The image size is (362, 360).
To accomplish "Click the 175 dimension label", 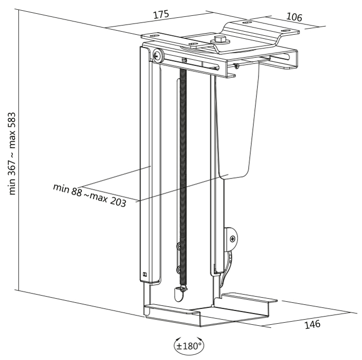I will pos(161,15).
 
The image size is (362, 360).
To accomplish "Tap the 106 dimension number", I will pos(293,17).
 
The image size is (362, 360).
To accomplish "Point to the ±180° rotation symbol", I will pos(189,346).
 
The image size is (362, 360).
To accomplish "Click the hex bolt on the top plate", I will pos(221,39).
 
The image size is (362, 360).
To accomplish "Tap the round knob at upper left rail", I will pos(157,55).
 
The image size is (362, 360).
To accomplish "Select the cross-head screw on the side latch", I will pos(233,238).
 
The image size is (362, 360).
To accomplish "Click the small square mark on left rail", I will pos(145,275).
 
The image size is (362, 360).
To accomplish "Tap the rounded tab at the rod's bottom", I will pos(178,294).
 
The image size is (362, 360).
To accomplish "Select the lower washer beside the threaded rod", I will pos(179,269).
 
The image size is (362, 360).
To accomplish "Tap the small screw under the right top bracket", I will pos(236,65).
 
